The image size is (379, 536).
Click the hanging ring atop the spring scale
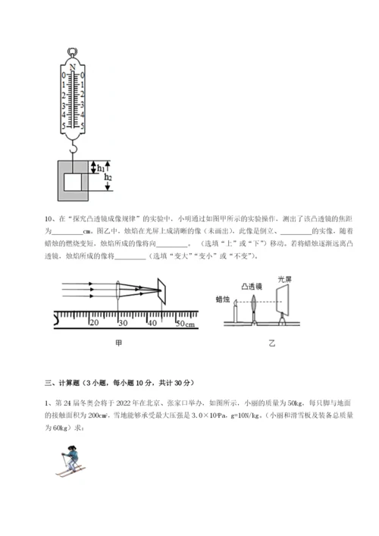[x=74, y=53]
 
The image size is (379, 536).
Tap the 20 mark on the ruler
[x=95, y=321]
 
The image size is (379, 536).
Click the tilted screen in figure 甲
[x=163, y=290]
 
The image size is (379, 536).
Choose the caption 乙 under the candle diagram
[x=272, y=343]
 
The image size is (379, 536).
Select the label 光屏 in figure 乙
[x=286, y=279]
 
